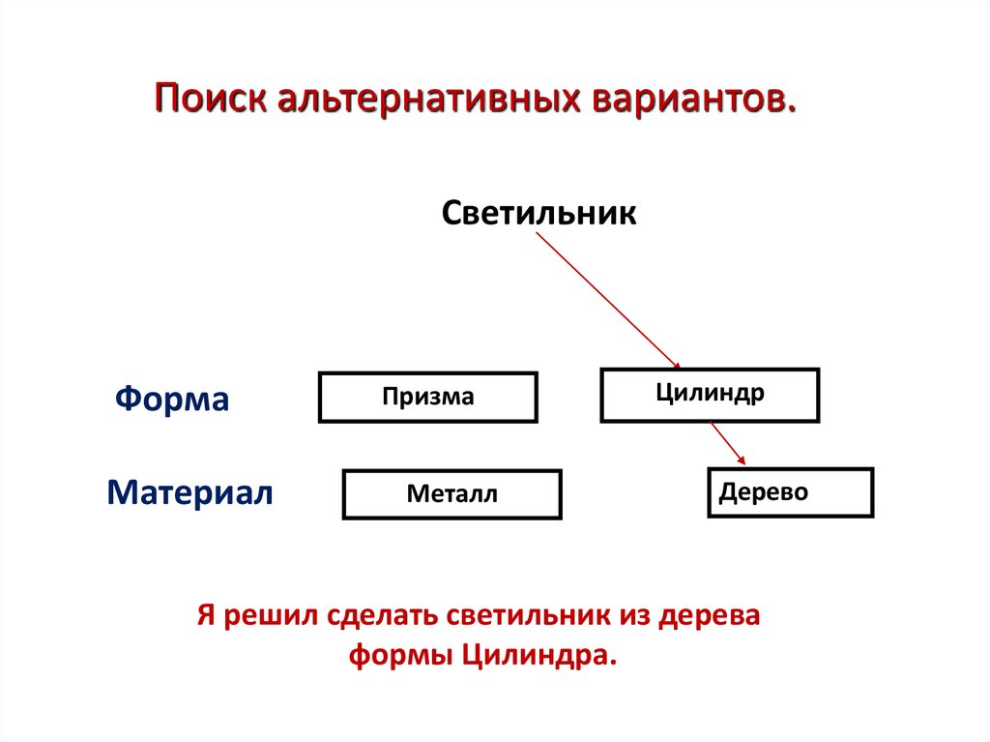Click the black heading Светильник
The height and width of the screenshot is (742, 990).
tap(539, 212)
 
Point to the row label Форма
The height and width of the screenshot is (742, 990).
tap(172, 399)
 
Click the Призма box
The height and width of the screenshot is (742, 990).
tap(427, 397)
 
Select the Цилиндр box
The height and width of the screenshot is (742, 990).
tap(710, 395)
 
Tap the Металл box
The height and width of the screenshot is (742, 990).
tap(451, 494)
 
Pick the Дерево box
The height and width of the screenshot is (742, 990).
tap(790, 492)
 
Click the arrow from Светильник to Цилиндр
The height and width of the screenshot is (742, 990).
tap(607, 300)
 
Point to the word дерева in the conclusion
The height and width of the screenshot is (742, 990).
tap(712, 615)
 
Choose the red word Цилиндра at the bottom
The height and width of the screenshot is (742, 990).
tap(538, 654)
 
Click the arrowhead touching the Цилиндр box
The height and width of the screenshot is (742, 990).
tap(676, 364)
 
